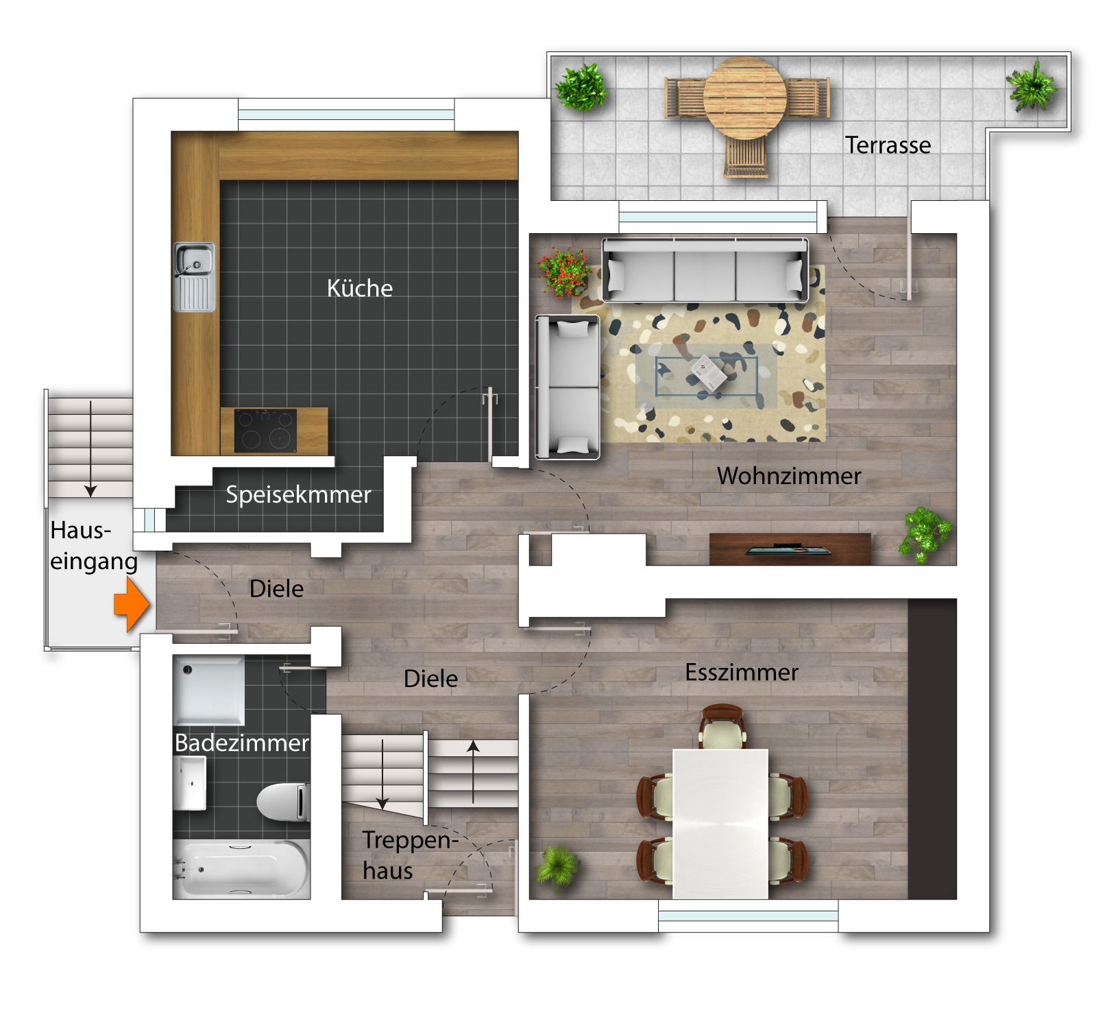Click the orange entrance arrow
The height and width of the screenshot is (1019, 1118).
pos(132,603)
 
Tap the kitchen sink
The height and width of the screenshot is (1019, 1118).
pos(194,277)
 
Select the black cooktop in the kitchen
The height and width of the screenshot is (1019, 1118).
pos(265,431)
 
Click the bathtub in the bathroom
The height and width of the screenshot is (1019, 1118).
pos(241,869)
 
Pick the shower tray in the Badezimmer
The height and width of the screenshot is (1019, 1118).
pos(208,690)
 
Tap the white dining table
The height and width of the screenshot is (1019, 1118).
pos(720,824)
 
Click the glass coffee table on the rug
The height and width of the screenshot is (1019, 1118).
pos(707,376)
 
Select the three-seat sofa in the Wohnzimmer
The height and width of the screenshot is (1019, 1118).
pos(705,269)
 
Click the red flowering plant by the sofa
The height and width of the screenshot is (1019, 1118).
pos(564,272)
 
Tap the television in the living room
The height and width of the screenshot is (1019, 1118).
pos(788,549)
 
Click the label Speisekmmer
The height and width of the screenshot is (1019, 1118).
pos(298,494)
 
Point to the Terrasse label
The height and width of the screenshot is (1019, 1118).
pos(888,145)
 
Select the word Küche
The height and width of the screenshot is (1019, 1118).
pos(360,287)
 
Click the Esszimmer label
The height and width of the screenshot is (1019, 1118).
pos(742,672)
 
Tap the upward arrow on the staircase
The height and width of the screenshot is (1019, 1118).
pos(473,772)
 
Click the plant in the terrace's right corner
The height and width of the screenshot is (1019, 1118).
pos(1032,86)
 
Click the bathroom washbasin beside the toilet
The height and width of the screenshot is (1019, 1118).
pos(189,783)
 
